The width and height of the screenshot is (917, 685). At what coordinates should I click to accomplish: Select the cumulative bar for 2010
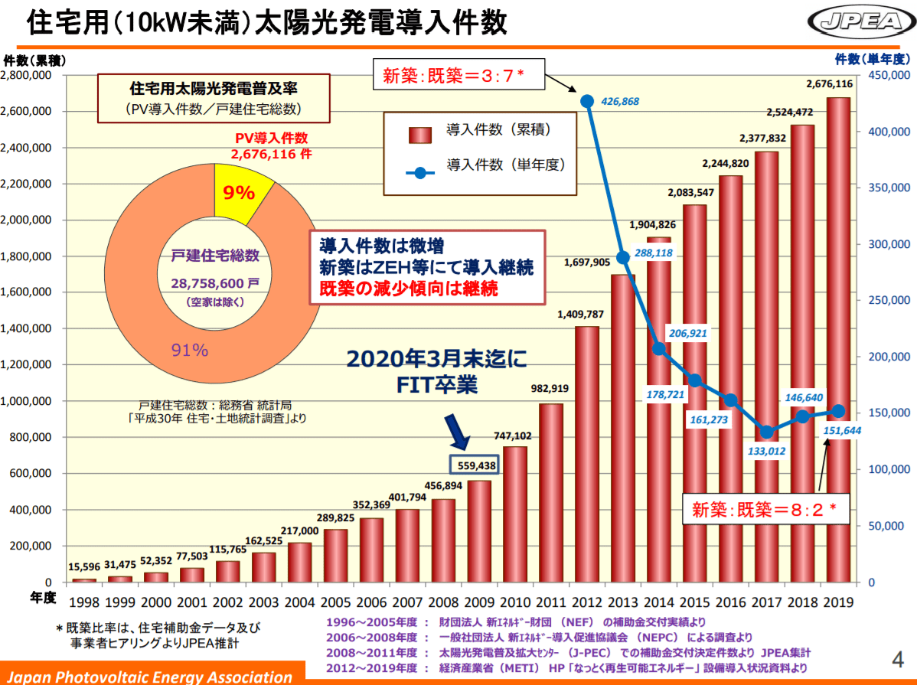click(514, 513)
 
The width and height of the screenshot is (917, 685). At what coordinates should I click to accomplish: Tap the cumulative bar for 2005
click(335, 555)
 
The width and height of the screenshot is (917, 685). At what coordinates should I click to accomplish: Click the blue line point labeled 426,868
click(587, 102)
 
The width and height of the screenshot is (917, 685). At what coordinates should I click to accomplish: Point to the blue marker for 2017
click(767, 432)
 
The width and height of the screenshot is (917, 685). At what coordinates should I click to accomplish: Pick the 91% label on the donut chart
click(189, 351)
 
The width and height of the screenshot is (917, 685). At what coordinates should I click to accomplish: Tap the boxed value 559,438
click(473, 465)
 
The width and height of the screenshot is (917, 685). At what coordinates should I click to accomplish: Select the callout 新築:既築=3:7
click(453, 75)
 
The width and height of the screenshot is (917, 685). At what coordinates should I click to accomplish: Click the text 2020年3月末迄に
click(437, 359)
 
